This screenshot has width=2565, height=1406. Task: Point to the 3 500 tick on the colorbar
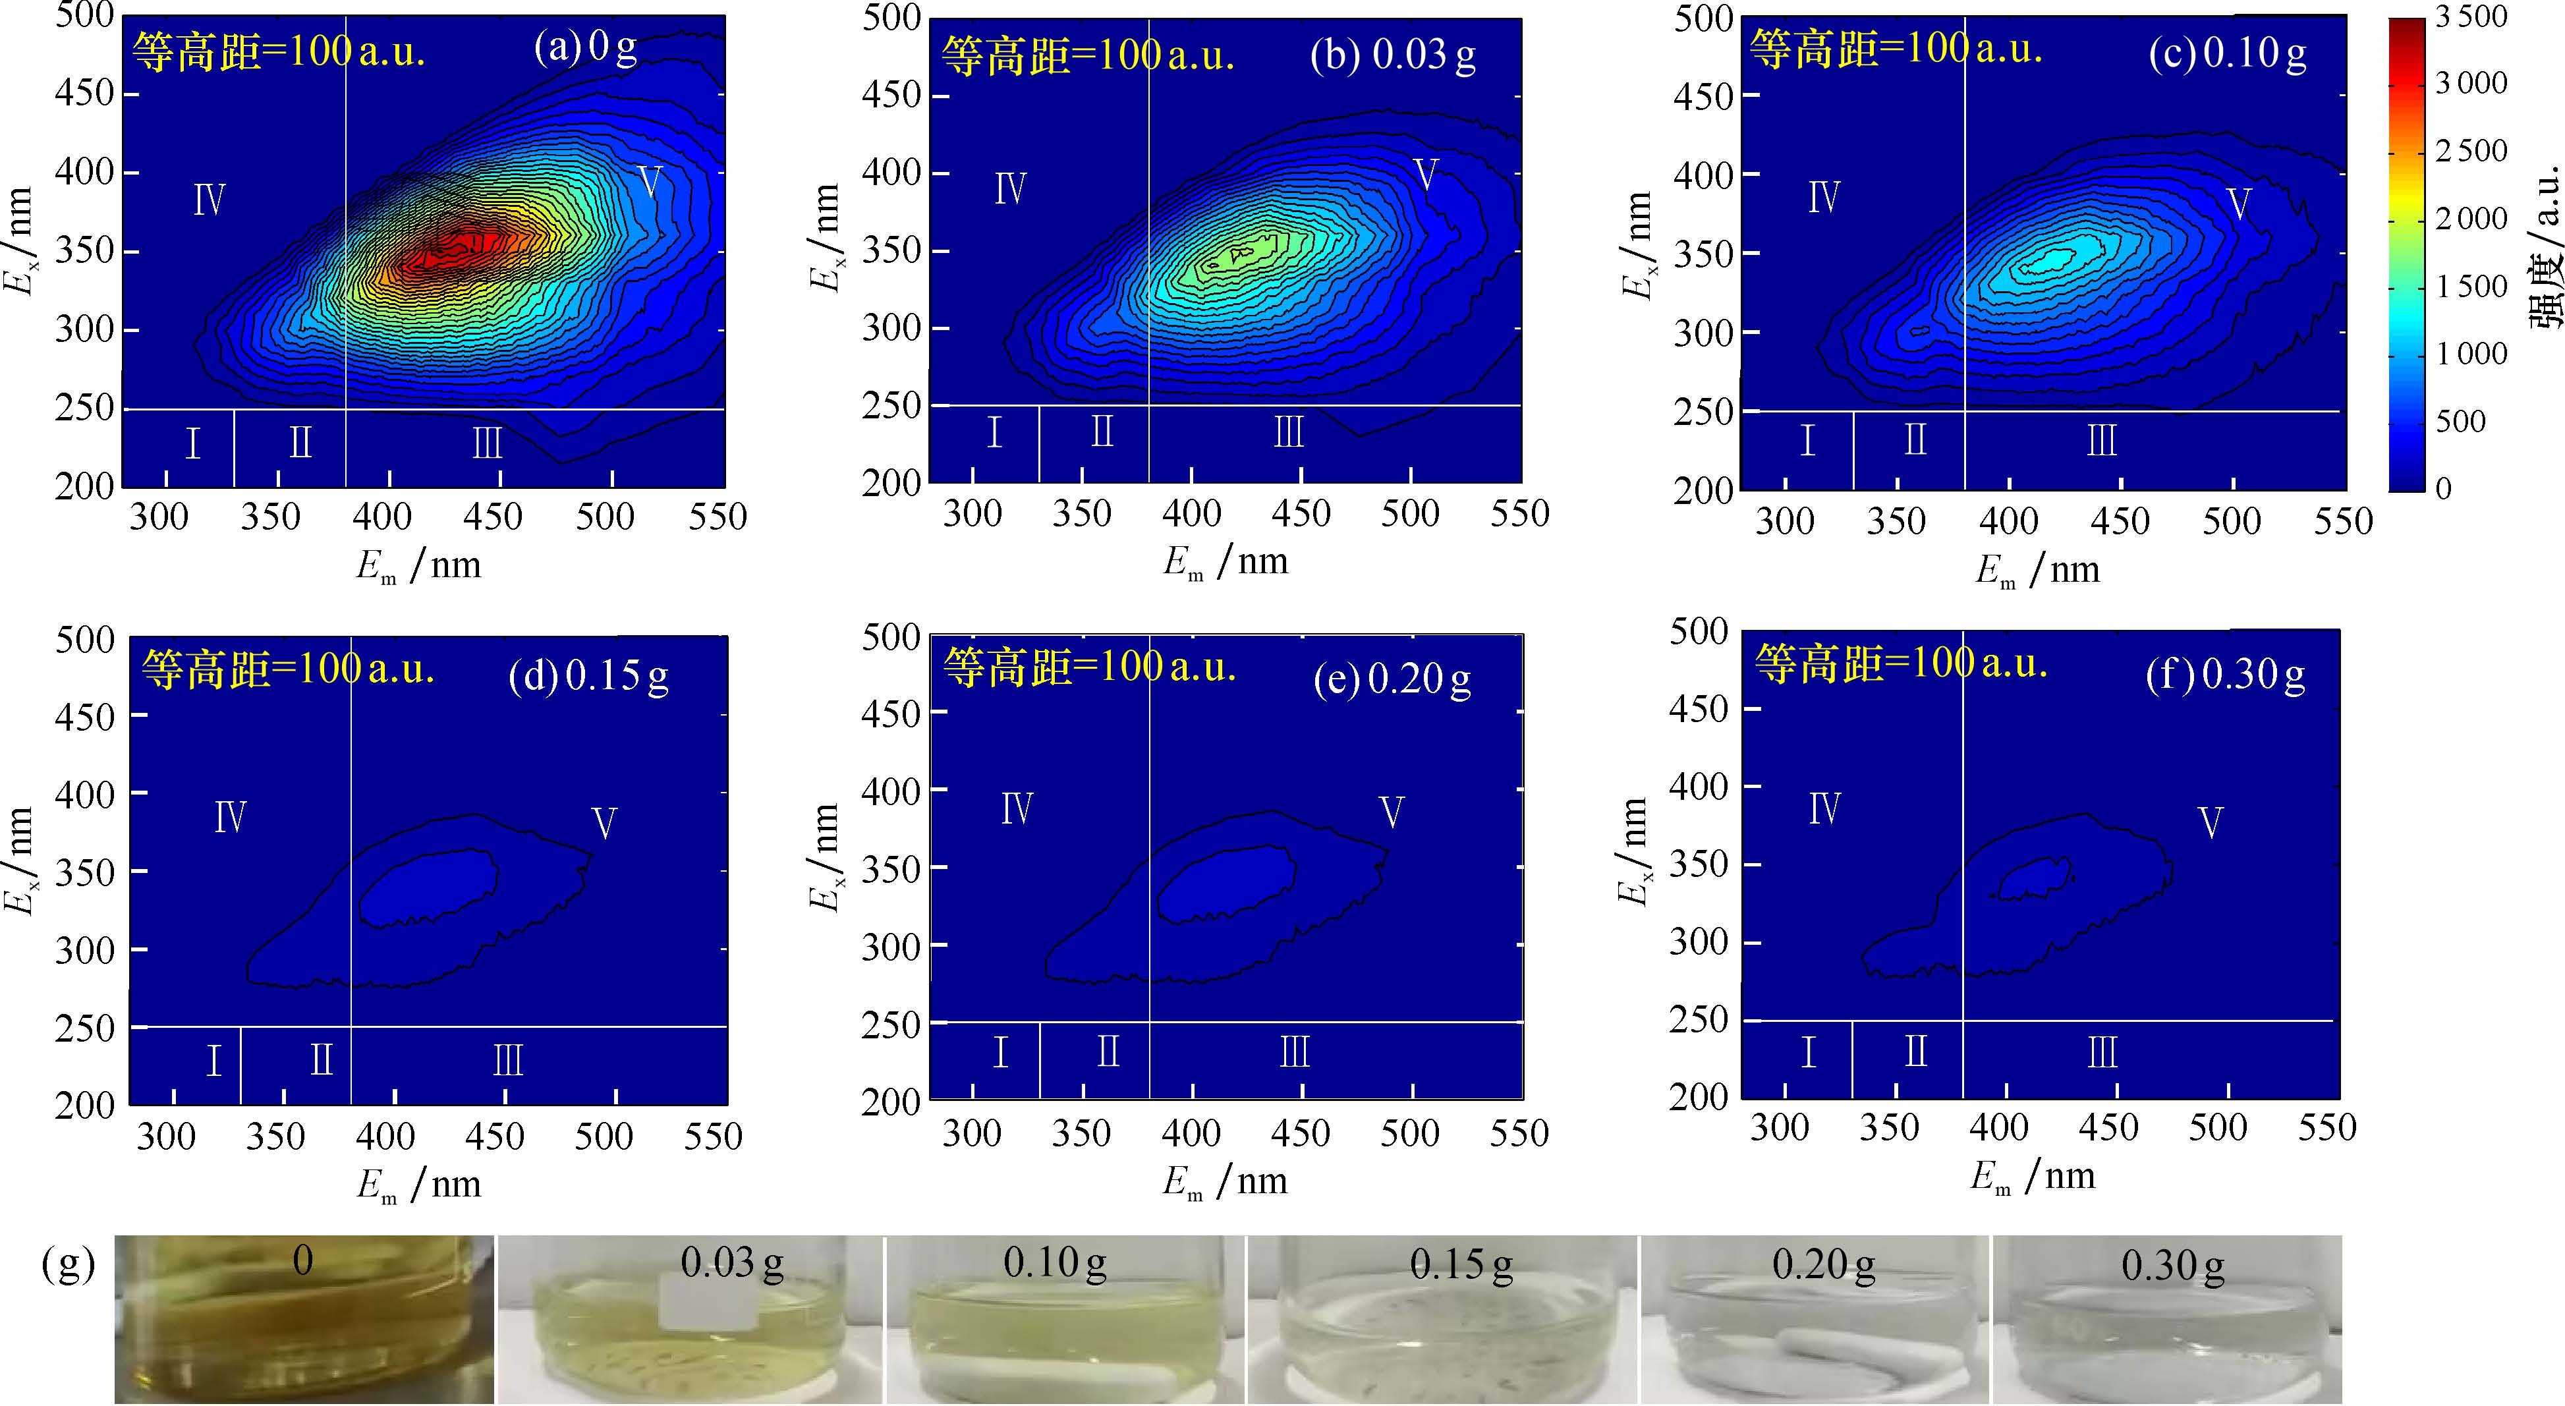click(x=2471, y=17)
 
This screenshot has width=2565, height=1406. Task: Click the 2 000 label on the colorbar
click(x=2471, y=219)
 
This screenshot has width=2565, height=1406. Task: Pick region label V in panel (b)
click(x=1426, y=175)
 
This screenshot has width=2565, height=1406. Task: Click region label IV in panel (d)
click(x=230, y=818)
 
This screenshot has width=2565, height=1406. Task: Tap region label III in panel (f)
click(x=2102, y=1052)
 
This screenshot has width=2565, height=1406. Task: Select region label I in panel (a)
click(x=193, y=443)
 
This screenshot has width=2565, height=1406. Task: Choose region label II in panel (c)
click(x=1915, y=440)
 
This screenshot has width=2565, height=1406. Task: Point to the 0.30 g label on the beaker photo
click(x=2173, y=1266)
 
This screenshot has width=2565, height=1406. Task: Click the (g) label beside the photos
click(x=69, y=1264)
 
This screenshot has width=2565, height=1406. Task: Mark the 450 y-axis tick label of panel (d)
click(x=84, y=717)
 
